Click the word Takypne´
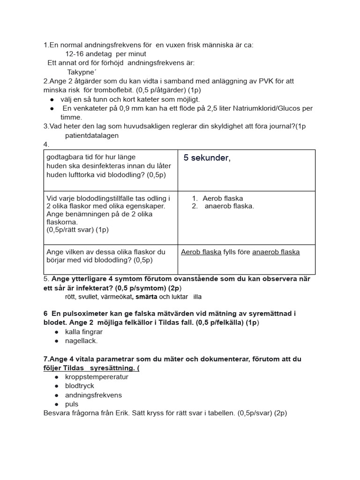click(x=82, y=72)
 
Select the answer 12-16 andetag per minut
click(x=99, y=54)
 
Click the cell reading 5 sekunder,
click(x=207, y=158)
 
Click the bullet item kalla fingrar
click(x=84, y=332)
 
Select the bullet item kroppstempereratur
click(x=97, y=377)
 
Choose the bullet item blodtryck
click(x=80, y=386)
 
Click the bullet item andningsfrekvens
click(x=93, y=395)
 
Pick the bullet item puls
click(x=72, y=404)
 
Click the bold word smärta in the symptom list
click(x=146, y=297)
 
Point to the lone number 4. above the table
click(x=46, y=145)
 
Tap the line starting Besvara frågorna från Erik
click(x=165, y=413)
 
